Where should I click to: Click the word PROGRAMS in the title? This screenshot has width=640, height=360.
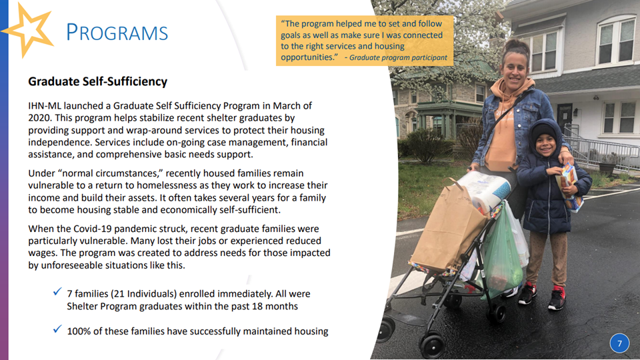[117, 32]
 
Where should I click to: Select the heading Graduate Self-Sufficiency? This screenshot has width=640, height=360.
[97, 81]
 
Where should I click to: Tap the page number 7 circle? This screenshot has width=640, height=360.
[619, 343]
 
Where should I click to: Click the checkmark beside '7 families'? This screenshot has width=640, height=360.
[57, 291]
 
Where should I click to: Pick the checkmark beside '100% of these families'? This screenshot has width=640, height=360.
[57, 329]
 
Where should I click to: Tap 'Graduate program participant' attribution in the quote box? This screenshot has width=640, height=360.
[399, 57]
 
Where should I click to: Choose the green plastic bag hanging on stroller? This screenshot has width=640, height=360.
[501, 253]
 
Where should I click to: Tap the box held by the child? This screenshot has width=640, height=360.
[569, 186]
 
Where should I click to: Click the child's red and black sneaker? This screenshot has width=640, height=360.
[557, 298]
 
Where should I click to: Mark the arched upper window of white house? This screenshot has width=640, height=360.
[615, 39]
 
